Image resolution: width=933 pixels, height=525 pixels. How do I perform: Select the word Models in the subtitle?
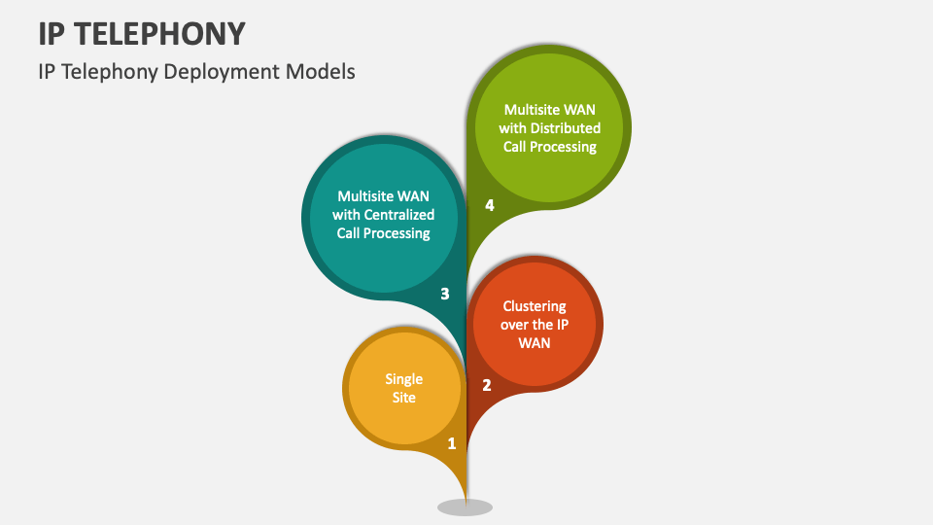(324, 71)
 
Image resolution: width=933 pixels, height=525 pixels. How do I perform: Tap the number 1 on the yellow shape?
(451, 443)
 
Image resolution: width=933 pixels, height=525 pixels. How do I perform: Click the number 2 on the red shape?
(487, 385)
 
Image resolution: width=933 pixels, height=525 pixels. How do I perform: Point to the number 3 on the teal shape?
(445, 293)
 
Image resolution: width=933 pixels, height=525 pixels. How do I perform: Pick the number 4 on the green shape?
(490, 205)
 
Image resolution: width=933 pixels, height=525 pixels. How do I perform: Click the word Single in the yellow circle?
(403, 379)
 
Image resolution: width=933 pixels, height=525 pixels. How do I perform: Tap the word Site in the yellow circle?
(403, 398)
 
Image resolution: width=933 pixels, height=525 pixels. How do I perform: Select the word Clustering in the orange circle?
(534, 306)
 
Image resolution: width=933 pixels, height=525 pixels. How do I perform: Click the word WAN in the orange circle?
(534, 343)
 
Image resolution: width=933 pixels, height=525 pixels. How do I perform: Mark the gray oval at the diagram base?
(465, 507)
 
